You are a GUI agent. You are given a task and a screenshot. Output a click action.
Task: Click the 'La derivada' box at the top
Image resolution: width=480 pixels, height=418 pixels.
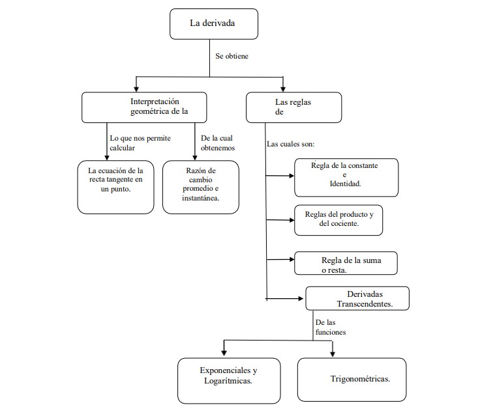(x=214, y=24)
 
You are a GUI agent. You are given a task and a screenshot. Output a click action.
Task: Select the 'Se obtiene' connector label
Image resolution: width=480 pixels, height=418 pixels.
(x=232, y=56)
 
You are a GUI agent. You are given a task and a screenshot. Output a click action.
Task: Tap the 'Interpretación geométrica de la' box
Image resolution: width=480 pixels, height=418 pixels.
(x=144, y=107)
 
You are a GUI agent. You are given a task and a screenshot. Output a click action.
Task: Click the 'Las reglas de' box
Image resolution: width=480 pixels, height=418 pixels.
(x=294, y=107)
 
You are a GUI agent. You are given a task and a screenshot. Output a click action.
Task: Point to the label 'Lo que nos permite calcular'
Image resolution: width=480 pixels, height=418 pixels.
(x=140, y=143)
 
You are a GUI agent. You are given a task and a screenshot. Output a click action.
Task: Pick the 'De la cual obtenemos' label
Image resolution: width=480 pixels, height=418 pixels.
(x=218, y=143)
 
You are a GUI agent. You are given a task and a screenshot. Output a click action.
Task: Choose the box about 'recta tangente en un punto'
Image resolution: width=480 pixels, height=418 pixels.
(x=115, y=187)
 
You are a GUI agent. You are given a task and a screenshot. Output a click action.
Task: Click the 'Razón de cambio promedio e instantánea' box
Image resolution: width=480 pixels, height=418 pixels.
(x=201, y=187)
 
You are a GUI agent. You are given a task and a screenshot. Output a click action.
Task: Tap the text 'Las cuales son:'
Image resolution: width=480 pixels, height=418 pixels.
(x=290, y=144)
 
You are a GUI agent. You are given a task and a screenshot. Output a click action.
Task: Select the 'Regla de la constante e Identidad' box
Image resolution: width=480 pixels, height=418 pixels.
(x=346, y=178)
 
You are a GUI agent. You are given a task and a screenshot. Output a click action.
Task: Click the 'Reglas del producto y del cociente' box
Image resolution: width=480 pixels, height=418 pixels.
(x=338, y=220)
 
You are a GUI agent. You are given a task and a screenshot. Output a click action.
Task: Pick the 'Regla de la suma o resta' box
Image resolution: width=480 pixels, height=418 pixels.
(x=346, y=263)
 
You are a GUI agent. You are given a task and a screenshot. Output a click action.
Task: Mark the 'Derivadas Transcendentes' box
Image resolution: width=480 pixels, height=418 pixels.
(x=357, y=299)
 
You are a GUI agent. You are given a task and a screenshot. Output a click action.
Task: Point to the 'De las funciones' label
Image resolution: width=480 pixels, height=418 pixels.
(x=331, y=327)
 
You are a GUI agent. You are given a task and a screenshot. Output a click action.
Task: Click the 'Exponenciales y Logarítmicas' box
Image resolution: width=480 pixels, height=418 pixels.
(x=229, y=381)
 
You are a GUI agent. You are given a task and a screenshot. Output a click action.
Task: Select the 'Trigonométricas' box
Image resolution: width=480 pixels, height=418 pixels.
(x=352, y=380)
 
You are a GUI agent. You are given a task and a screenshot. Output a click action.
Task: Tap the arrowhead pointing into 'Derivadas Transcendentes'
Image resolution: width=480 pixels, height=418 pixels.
(x=301, y=298)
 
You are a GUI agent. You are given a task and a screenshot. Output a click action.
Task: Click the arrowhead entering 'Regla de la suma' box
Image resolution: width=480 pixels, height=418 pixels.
(x=292, y=259)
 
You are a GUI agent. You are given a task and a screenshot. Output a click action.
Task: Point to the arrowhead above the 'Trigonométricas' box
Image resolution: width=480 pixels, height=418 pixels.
(x=333, y=354)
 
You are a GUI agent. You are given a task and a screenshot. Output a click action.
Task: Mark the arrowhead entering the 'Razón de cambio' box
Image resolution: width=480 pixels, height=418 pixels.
(x=195, y=158)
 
